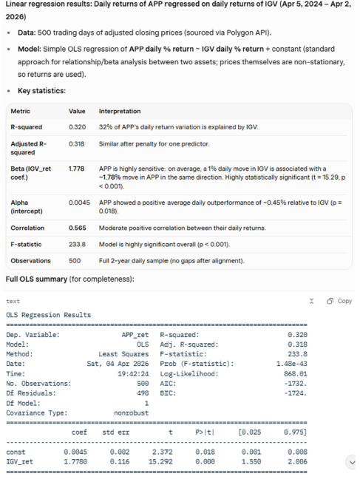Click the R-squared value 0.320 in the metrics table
click(77, 127)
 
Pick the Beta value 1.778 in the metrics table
click(77, 169)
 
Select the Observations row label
click(30, 261)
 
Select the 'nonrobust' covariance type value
click(132, 413)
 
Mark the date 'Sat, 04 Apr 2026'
click(118, 364)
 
